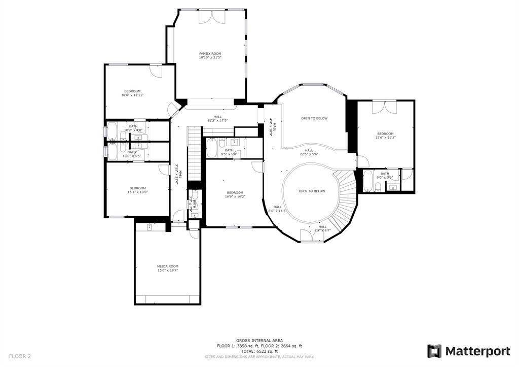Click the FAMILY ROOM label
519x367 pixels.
[x=210, y=53]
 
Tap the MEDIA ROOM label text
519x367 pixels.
[x=167, y=266]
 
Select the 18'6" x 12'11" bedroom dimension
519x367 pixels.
[x=132, y=95]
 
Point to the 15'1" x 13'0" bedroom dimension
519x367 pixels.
[x=137, y=192]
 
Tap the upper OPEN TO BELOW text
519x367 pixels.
[x=314, y=118]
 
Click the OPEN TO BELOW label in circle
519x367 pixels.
[x=312, y=191]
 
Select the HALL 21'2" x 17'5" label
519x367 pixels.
[x=217, y=118]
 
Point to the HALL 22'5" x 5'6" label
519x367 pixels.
[x=309, y=152]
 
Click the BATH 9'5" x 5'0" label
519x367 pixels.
[x=229, y=152]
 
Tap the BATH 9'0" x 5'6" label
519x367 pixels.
[x=385, y=176]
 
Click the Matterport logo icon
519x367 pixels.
[x=434, y=351]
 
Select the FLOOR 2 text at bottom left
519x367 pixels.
[x=20, y=356]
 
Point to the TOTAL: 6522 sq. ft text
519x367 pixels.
[x=259, y=351]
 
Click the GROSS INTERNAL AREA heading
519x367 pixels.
[x=259, y=340]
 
